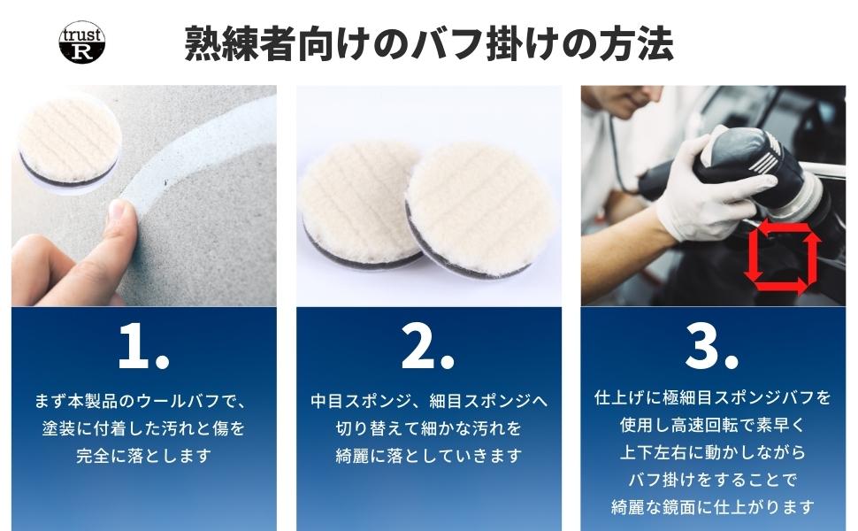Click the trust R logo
coord(81,42)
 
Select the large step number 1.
coord(143,345)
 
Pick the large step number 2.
coord(427,345)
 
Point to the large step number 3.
coord(712,345)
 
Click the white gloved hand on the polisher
coord(706,186)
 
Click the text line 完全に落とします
coord(143,455)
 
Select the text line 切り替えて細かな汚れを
coord(428,427)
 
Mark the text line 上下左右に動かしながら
coord(712,452)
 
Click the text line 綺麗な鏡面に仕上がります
coord(712,507)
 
